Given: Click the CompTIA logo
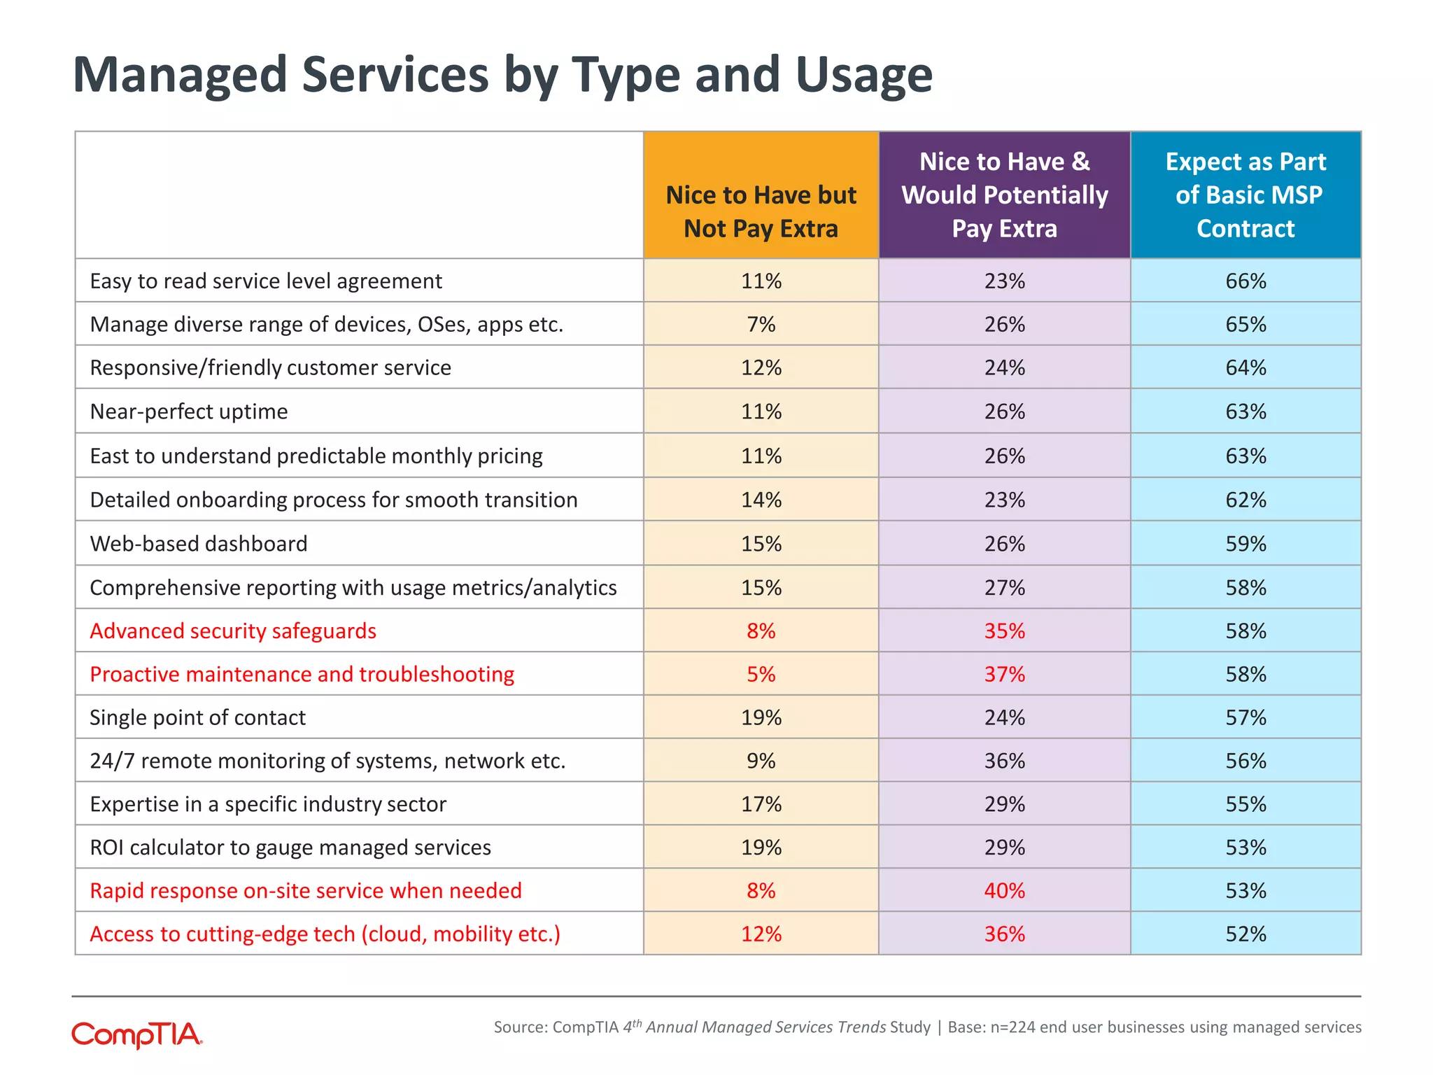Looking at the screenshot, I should pos(137,1034).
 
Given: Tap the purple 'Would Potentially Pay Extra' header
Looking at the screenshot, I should pos(1004,195).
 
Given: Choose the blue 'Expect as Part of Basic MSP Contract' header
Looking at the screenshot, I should pos(1245,195).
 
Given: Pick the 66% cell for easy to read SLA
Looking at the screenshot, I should pos(1245,281).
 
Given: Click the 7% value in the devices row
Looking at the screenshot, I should pos(761,325).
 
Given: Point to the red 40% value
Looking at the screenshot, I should pos(1004,891).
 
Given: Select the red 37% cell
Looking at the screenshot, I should pos(1004,675).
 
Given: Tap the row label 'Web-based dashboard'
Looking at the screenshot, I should pos(199,544).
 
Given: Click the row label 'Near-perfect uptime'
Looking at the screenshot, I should pos(189,412).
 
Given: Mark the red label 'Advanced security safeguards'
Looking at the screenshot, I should pos(233,631).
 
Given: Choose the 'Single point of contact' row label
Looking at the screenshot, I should pos(198,718).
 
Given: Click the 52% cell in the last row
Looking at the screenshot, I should pos(1245,934).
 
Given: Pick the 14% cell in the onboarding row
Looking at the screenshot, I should pos(761,500).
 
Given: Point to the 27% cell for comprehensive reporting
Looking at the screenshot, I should pos(1004,588).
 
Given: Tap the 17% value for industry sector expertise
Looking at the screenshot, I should pos(761,804).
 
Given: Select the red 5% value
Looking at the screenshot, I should pos(761,675).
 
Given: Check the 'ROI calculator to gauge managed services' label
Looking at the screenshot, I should pos(290,848).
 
